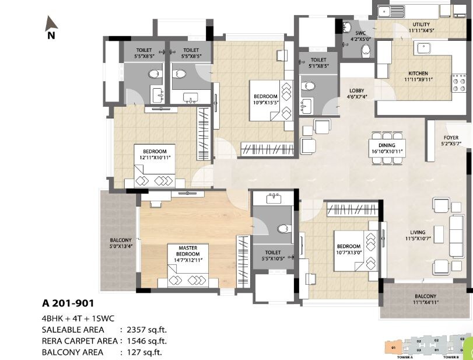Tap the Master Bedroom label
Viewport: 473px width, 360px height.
pos(188,251)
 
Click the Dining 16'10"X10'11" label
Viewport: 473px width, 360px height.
pos(387,148)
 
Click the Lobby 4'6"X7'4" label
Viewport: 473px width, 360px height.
pos(356,94)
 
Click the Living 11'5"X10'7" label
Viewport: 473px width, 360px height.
pos(417,235)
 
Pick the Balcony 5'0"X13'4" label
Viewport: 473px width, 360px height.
pos(121,243)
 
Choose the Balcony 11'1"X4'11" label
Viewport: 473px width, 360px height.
pos(425,299)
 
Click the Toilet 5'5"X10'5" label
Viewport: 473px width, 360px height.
pos(274,255)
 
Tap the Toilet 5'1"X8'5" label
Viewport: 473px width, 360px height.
pos(318,63)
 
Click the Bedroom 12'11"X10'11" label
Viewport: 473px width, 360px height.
pos(154,155)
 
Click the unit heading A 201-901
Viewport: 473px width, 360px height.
pos(68,303)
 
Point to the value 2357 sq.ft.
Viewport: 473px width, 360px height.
pos(143,330)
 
